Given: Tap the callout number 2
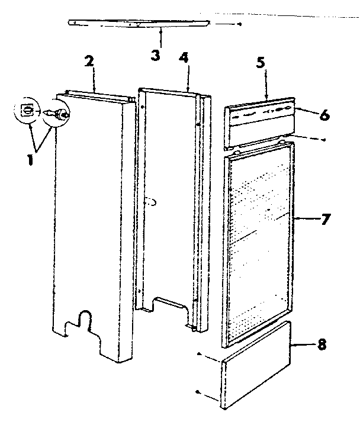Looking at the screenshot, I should click(89, 62).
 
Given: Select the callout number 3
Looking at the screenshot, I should click(155, 56).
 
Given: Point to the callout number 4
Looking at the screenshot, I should click(184, 59).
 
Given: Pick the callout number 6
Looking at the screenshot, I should click(324, 115).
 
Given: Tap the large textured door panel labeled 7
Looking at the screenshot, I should click(261, 237).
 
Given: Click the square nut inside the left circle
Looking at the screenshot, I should click(25, 110).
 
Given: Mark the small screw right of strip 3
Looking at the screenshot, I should click(239, 25).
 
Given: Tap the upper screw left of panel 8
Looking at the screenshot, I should click(199, 356).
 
